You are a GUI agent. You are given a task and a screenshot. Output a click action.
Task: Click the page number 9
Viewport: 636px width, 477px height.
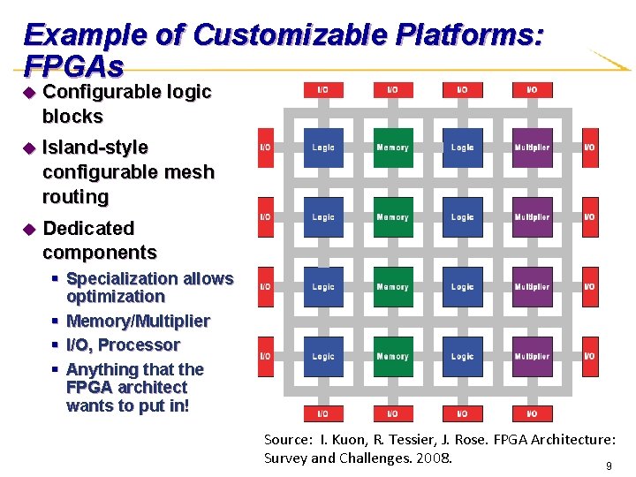click(x=608, y=465)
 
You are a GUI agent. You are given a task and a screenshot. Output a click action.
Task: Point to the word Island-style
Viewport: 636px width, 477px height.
click(x=95, y=148)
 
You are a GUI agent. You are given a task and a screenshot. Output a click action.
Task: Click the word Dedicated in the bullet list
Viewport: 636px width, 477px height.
click(x=88, y=228)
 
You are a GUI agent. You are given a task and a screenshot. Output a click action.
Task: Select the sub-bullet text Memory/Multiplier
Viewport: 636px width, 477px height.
click(x=138, y=321)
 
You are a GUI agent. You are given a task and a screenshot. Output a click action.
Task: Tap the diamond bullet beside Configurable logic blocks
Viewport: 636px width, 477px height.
click(x=28, y=93)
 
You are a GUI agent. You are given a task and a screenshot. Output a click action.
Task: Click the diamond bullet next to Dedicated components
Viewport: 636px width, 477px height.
click(x=28, y=229)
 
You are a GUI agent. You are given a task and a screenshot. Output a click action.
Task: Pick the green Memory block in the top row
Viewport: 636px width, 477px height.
click(x=392, y=148)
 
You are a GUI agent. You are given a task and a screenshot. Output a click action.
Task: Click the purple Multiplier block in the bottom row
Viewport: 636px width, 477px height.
click(x=532, y=357)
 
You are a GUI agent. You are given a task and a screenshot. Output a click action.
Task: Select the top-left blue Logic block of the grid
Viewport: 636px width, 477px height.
click(x=323, y=148)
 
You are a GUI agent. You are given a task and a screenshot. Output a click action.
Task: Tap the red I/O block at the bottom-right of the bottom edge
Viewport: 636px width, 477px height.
click(x=532, y=413)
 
